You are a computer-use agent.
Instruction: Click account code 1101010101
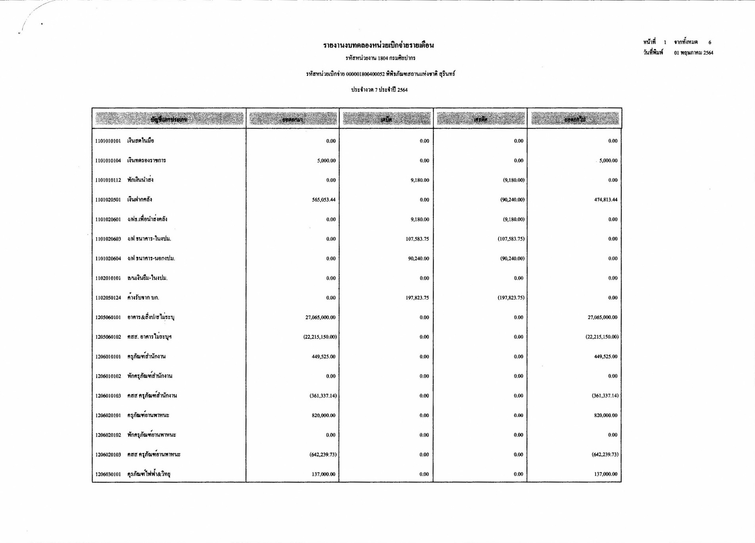click(108, 141)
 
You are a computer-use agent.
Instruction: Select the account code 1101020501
click(108, 200)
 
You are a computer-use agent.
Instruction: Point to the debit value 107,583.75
click(417, 239)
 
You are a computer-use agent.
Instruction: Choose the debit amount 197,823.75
click(417, 298)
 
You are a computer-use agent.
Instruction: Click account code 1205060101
click(108, 317)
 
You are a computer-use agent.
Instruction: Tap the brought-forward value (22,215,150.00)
click(320, 337)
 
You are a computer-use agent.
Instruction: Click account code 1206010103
click(108, 396)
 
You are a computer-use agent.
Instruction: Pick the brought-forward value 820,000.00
click(323, 415)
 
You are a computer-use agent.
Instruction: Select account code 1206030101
click(108, 474)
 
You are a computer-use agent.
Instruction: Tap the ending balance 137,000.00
click(605, 474)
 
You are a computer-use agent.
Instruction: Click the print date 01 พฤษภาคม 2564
click(693, 53)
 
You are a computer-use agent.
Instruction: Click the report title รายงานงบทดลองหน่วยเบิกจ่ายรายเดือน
click(378, 45)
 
